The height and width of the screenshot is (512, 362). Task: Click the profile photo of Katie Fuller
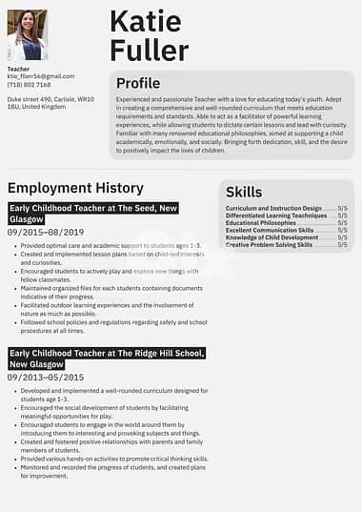pos(27,35)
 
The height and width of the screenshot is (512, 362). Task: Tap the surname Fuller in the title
pos(150,50)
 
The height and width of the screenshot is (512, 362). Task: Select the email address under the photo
pos(40,76)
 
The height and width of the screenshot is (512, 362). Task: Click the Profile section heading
pos(138,83)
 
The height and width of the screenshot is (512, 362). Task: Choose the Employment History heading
pos(75,188)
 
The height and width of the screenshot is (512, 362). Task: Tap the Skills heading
pos(245,192)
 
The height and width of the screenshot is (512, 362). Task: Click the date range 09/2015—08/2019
pos(46,232)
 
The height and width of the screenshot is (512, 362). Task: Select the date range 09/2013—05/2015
pos(46,378)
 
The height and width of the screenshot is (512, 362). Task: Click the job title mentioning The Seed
pos(93,213)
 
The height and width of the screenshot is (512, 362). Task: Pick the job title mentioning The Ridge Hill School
pos(105,358)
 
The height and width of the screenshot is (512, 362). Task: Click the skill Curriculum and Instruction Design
pos(273,208)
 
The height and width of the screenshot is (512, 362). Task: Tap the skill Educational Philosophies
pos(261,223)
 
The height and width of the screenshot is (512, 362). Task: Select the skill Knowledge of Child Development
pos(271,237)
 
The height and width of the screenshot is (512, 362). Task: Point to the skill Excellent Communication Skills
pos(270,230)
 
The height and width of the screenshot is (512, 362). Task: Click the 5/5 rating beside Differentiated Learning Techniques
pos(342,215)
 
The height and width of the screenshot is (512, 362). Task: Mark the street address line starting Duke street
pos(50,99)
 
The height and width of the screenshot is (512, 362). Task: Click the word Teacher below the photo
pos(18,69)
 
